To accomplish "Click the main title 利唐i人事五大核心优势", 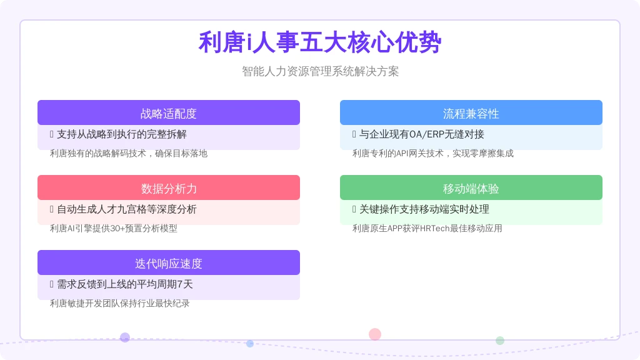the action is tap(320, 42).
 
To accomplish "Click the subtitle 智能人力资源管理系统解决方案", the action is tap(320, 71).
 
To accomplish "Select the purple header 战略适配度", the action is tap(169, 112).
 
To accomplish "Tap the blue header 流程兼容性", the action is tap(471, 112).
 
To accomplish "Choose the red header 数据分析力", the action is tap(169, 187).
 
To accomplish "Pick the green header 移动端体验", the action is tap(471, 187).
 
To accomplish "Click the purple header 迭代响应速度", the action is tap(169, 262).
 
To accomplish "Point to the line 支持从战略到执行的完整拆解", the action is tap(122, 134).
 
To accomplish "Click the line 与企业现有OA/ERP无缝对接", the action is tap(422, 134).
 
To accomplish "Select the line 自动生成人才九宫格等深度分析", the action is tap(126, 209).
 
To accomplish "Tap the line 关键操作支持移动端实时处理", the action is tap(424, 209).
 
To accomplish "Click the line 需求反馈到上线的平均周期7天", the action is tap(124, 284).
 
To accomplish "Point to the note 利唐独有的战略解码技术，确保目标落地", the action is tap(129, 154).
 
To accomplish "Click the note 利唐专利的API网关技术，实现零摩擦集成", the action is tap(432, 154).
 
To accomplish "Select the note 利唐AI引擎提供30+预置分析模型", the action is tap(114, 229).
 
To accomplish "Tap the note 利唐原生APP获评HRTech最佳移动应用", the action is tap(427, 229).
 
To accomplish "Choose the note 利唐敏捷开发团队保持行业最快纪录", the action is tap(119, 303).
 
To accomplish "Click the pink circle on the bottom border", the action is tap(375, 334).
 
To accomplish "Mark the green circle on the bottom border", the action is tap(499, 341).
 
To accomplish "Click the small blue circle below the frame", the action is tap(250, 344).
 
